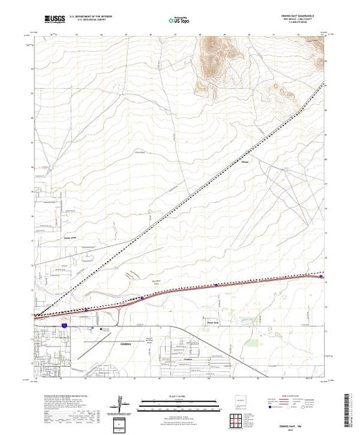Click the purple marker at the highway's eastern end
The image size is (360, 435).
click(330, 277)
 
